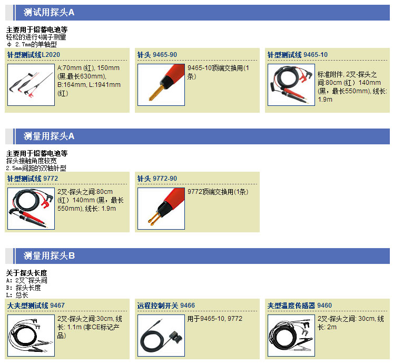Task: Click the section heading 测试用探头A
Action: point(49,12)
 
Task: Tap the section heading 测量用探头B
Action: point(49,255)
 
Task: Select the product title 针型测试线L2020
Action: point(34,55)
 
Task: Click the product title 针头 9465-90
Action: point(157,55)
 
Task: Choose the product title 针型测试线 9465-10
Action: point(298,55)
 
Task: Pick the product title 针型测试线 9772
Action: point(33,179)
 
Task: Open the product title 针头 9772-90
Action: point(157,179)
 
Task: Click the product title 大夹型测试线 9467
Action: point(36,306)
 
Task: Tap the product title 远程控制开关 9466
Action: point(166,306)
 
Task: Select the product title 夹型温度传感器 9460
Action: point(300,306)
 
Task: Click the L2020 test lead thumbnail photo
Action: point(31,85)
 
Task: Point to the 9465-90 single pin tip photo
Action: point(161,85)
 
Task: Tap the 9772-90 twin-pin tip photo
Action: point(161,209)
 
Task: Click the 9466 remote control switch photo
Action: point(161,336)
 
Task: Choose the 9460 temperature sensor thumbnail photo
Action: point(291,336)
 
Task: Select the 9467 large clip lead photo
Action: point(31,336)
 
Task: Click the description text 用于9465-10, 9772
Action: point(215,319)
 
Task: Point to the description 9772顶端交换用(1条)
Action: point(218,192)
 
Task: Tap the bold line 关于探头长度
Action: point(26,273)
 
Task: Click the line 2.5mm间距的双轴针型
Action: point(36,168)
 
